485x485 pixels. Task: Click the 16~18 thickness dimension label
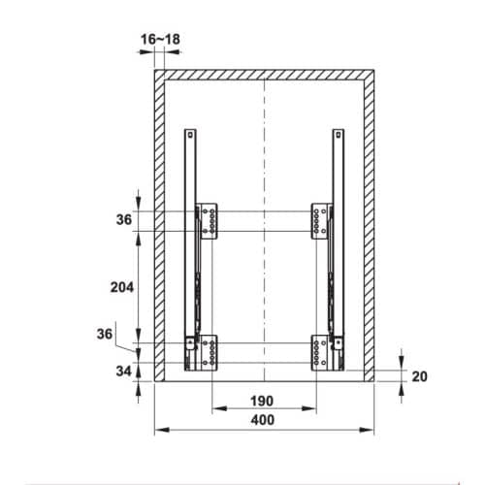[x=160, y=40]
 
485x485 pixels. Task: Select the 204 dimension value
[x=122, y=287]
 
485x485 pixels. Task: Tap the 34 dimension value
[x=123, y=371]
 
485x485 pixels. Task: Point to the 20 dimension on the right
[x=419, y=376]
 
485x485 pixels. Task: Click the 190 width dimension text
[x=262, y=402]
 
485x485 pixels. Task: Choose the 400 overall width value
[x=263, y=420]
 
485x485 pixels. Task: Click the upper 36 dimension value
[x=124, y=220]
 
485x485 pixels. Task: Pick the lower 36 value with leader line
[x=105, y=334]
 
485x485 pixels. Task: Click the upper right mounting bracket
[x=321, y=221]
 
